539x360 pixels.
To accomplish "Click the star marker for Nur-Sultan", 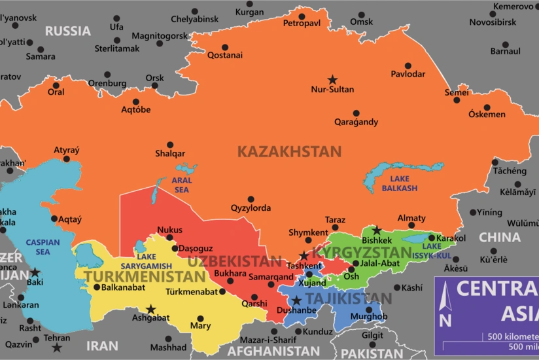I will tap(332, 79).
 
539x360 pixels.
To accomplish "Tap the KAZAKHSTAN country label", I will tap(289, 152).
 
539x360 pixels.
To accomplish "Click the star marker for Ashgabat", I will tap(151, 309).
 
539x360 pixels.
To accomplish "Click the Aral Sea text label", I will tap(181, 184).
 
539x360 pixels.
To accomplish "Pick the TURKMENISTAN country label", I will tap(145, 276).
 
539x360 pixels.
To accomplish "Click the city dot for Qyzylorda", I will tap(251, 199).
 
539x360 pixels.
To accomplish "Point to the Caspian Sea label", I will tap(43, 247).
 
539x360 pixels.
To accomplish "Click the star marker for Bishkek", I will tap(376, 230).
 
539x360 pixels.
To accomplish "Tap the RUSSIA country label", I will tap(68, 31).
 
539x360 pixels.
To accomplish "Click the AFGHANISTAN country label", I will tap(274, 351).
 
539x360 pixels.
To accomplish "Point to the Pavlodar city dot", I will tap(408, 65).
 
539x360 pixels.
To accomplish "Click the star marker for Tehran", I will tap(57, 347).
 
